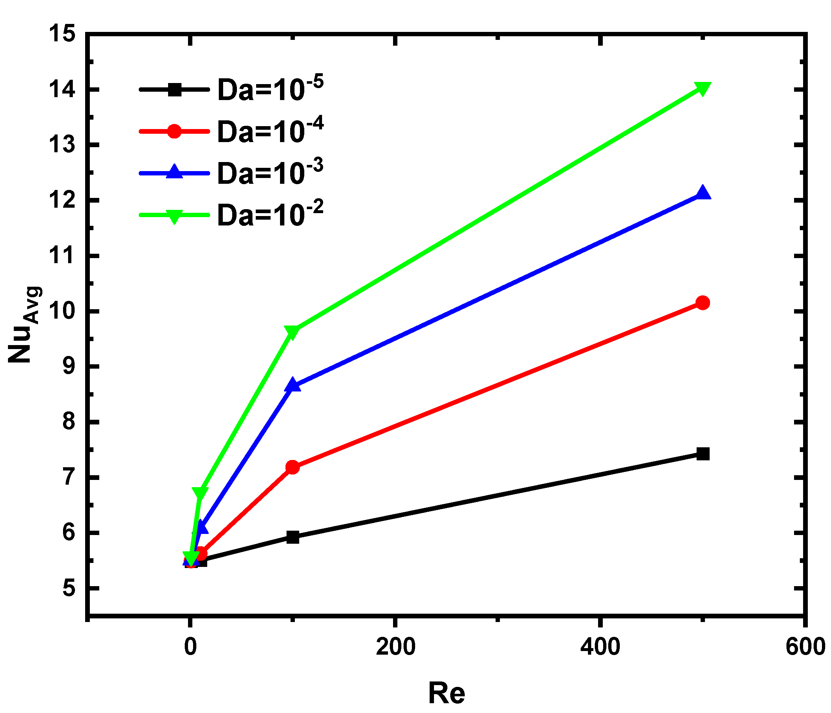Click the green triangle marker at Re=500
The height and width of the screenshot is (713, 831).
click(702, 88)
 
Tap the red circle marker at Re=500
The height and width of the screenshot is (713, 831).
click(702, 303)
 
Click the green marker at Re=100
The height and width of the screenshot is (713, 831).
click(292, 331)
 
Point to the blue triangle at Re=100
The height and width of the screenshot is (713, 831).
click(292, 385)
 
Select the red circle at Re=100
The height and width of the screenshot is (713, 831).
click(292, 467)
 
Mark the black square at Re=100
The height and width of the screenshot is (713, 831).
click(293, 537)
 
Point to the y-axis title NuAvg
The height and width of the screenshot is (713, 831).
click(25, 325)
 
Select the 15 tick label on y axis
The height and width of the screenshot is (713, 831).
click(62, 34)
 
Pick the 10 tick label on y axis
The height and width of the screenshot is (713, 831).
click(62, 311)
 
